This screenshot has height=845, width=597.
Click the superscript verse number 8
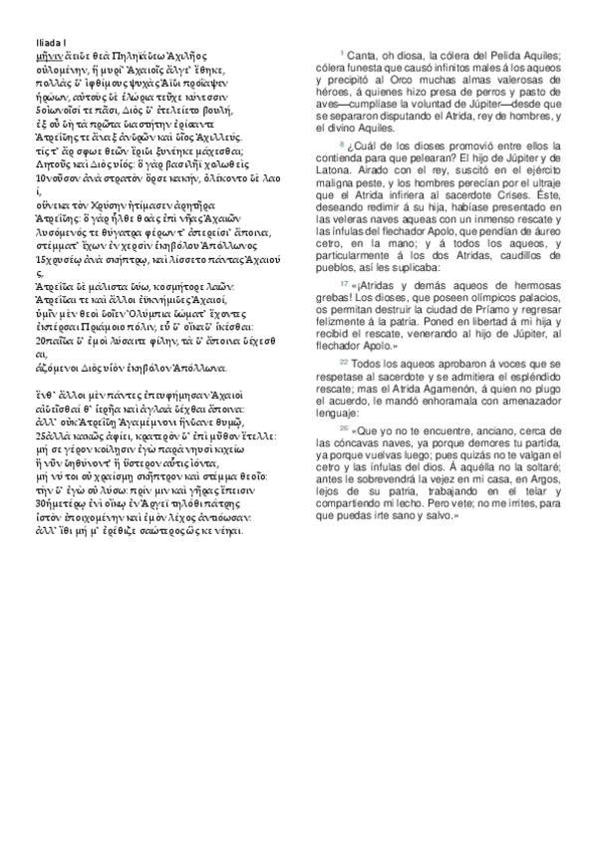coord(341,142)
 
